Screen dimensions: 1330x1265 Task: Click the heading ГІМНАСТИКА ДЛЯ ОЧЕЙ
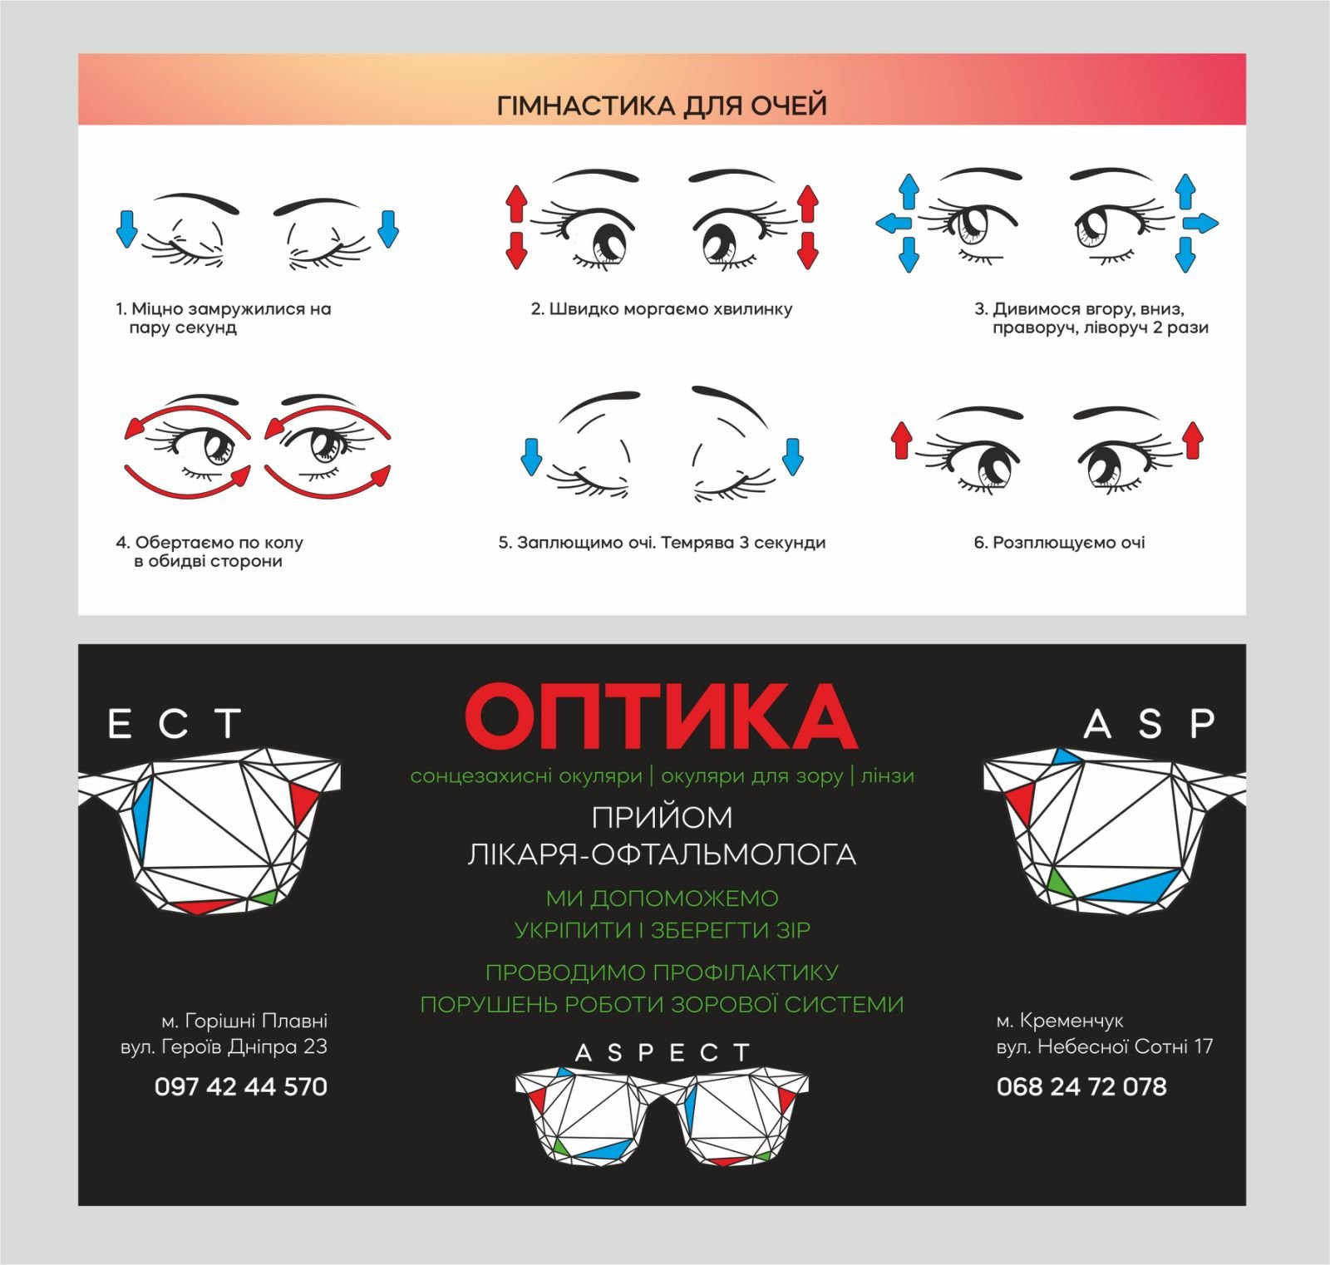pos(662,106)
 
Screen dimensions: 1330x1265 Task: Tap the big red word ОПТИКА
pos(662,716)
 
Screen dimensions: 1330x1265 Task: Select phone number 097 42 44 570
pos(241,1086)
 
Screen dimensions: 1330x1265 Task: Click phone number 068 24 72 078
pos(1081,1086)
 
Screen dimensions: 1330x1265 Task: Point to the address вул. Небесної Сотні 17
pos(1105,1046)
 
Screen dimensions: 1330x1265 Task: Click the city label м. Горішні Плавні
pos(244,1020)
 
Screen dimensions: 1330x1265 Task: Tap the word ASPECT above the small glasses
pos(663,1053)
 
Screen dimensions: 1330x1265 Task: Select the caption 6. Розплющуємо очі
pos(1060,543)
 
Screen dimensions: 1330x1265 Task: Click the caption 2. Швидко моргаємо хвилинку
pos(662,309)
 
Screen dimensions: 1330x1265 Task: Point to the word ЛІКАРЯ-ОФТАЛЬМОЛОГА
pos(662,854)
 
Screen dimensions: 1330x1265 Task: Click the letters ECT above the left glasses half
pos(175,724)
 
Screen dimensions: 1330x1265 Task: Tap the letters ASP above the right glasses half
pos(1150,724)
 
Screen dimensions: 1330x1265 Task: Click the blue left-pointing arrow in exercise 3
pos(892,223)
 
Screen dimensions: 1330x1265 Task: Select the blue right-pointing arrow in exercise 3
pos(1201,223)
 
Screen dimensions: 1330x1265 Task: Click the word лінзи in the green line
pos(888,776)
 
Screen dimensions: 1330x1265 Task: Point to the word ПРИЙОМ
pos(662,818)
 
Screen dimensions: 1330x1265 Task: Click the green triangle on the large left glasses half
pos(266,898)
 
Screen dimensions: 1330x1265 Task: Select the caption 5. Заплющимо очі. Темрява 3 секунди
pos(662,543)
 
